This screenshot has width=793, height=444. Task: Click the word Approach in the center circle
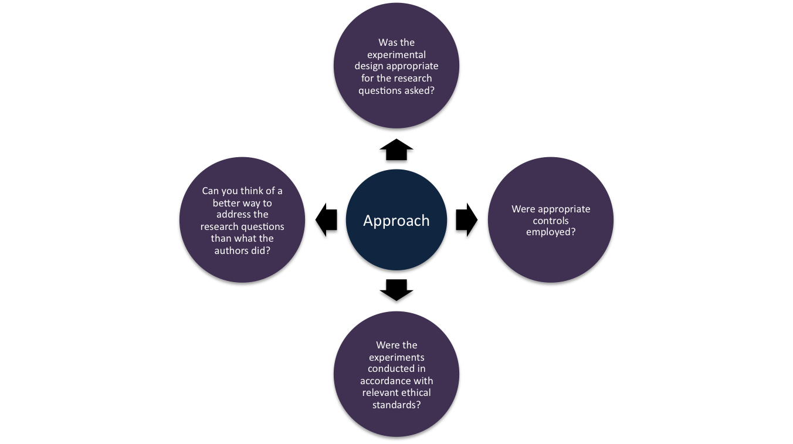(396, 221)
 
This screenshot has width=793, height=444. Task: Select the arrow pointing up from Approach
(396, 151)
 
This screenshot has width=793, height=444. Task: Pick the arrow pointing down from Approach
(396, 292)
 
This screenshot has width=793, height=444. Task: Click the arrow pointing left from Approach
(327, 221)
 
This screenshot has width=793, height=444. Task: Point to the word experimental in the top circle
(396, 55)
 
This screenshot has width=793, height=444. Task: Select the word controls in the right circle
(551, 221)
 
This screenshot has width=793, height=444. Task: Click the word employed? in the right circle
(551, 232)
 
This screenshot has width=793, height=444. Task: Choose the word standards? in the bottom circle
(396, 405)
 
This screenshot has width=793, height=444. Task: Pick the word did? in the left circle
(260, 250)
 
